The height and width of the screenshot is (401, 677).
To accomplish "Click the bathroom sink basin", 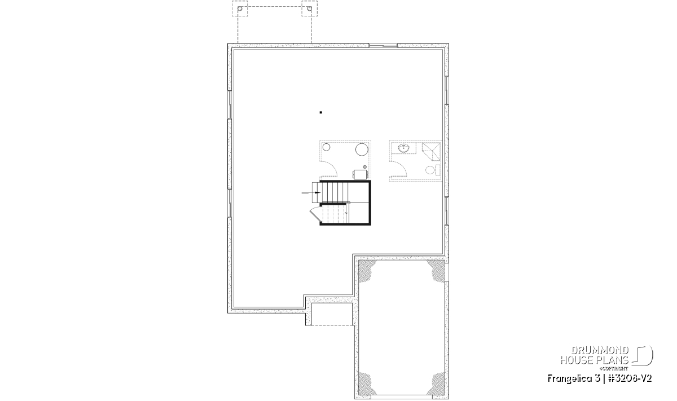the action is (x=403, y=148).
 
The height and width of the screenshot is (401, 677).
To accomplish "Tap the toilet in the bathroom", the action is (x=433, y=170).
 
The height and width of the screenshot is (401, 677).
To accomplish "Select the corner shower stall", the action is (x=431, y=152).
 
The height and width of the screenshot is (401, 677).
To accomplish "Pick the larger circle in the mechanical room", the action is (x=361, y=149).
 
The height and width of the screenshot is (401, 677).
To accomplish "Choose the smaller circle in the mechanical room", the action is (x=327, y=147).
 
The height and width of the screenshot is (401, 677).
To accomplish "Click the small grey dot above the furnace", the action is (x=365, y=167).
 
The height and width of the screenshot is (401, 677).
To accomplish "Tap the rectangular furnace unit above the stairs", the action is (x=361, y=174).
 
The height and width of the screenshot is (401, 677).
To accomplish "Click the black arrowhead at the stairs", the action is (x=318, y=192).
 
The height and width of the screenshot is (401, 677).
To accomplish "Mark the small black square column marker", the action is (x=320, y=112).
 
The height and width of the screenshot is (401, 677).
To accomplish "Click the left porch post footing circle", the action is (x=240, y=8).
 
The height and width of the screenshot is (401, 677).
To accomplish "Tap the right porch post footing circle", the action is (x=310, y=8).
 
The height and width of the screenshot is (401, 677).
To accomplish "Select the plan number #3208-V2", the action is (x=628, y=378).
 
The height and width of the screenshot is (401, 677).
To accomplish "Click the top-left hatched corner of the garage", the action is (x=366, y=268).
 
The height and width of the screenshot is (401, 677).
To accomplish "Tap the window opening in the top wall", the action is (x=383, y=46).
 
